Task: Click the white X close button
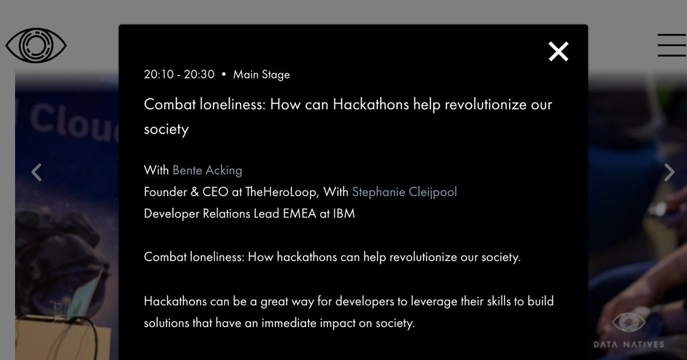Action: coord(558,52)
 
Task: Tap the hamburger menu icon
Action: coord(671,45)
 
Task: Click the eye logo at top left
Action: coord(36,45)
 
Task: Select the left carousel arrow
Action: coord(37,172)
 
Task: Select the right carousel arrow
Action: coord(669,172)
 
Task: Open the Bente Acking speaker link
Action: coord(207,171)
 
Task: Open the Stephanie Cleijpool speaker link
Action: coord(404,192)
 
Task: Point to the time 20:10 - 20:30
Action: coord(179,74)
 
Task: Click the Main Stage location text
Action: coord(262,74)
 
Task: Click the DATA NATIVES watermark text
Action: coord(629,344)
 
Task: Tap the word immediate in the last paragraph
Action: coord(293,323)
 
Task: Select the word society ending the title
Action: coord(166,129)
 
